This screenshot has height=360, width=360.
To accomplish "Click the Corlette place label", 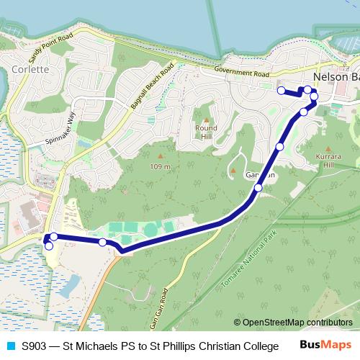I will tap(30, 70).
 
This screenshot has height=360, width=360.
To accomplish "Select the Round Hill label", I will tap(206, 132).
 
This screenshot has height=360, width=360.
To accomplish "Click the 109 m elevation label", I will tap(159, 166).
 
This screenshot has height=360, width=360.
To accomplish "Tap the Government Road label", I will tap(240, 73).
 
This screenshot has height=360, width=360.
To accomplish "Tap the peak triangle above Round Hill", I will tap(206, 120).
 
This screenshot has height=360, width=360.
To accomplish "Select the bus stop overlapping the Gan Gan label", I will tap(258, 187).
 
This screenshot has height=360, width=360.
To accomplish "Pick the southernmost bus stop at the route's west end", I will tap(49, 246).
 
